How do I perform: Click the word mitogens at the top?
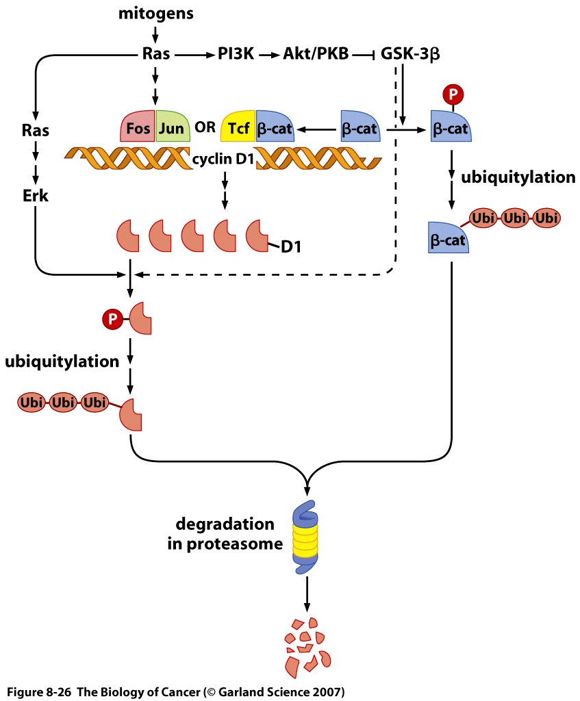(x=155, y=13)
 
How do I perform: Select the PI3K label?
(x=237, y=55)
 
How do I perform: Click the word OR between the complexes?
(x=205, y=126)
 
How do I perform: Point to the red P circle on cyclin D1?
(x=110, y=318)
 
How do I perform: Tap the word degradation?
(x=225, y=525)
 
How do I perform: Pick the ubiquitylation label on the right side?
(x=518, y=177)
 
